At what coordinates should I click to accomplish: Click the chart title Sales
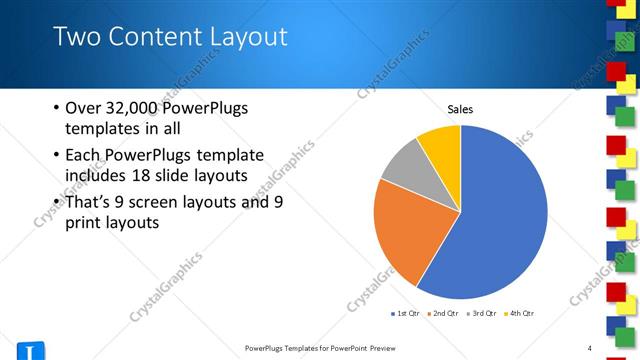460,110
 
